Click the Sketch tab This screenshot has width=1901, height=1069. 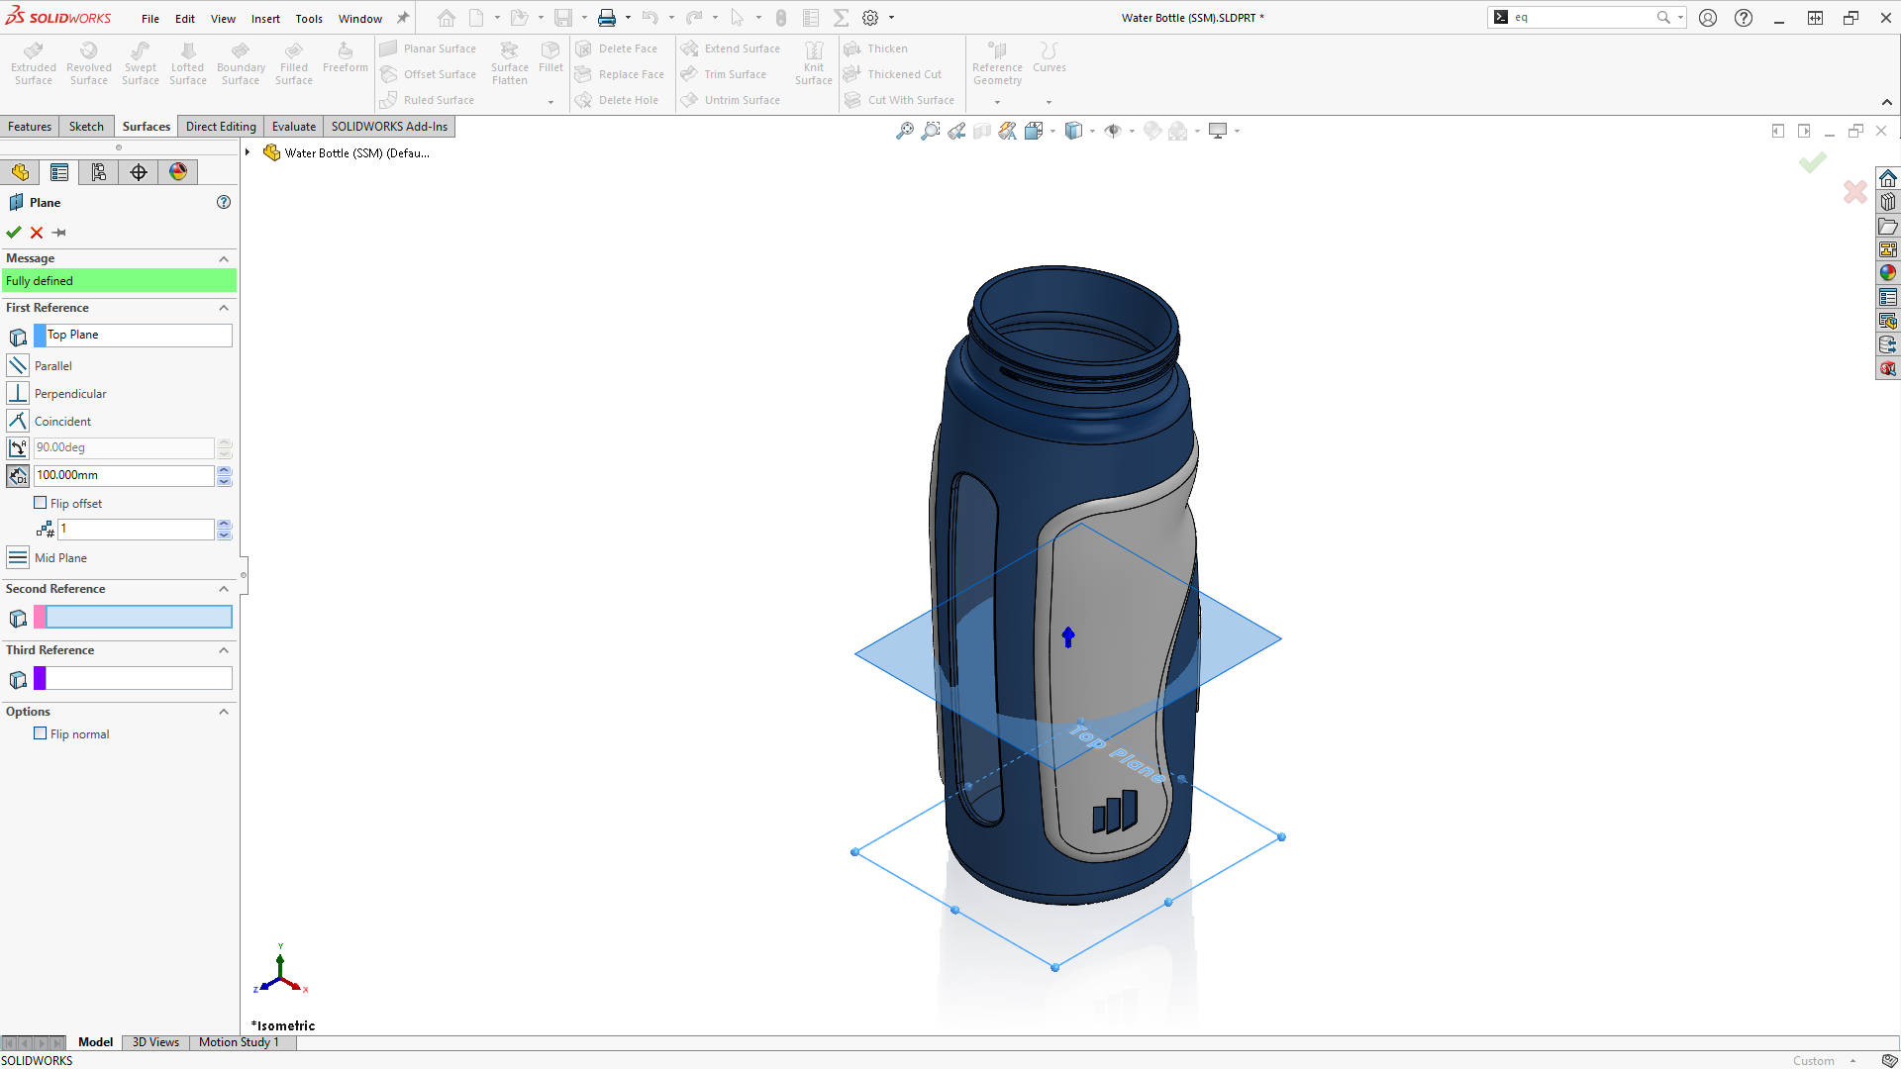[x=86, y=127]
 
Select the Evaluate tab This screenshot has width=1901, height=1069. [x=293, y=127]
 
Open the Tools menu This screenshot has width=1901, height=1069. [x=309, y=19]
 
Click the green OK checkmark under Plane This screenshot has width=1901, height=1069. [x=14, y=233]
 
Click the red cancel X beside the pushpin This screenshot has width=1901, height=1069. [x=37, y=233]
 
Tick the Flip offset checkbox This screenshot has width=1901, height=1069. [x=41, y=503]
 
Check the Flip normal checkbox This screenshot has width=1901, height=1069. [x=41, y=733]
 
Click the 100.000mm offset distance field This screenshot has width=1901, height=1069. [x=124, y=475]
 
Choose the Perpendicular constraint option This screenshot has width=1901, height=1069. [x=69, y=393]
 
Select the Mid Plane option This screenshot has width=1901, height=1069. [x=59, y=558]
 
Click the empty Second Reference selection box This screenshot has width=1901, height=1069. [x=139, y=618]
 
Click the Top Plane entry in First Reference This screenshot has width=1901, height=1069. [x=139, y=335]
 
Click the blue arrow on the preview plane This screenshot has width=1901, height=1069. [x=1068, y=636]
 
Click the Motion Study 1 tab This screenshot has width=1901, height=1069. [x=239, y=1042]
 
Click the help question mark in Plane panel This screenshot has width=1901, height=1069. [x=224, y=202]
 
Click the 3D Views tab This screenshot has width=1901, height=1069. [x=155, y=1042]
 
